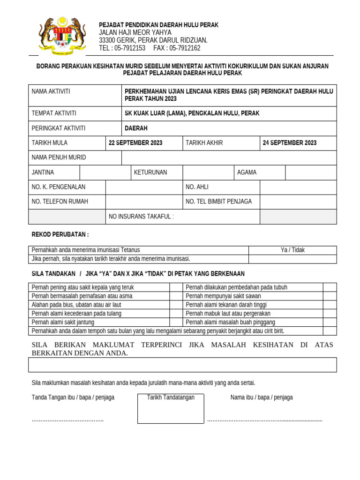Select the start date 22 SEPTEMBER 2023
tap(135, 143)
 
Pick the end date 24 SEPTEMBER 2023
tap(289, 143)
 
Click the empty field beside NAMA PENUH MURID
tap(229, 157)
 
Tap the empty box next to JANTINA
tap(105, 172)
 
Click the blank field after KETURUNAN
tap(209, 172)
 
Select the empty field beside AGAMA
tap(311, 172)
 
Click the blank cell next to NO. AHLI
tap(298, 187)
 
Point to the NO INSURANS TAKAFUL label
tap(141, 217)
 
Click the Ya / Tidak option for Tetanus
tap(292, 250)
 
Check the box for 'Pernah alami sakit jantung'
tap(176, 322)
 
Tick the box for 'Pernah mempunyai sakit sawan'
tap(330, 296)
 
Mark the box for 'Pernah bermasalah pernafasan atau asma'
tap(176, 296)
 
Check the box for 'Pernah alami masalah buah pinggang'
tap(330, 322)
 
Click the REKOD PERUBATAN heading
tap(60, 234)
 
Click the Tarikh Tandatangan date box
tap(171, 408)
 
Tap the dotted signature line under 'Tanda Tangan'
tap(67, 420)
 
